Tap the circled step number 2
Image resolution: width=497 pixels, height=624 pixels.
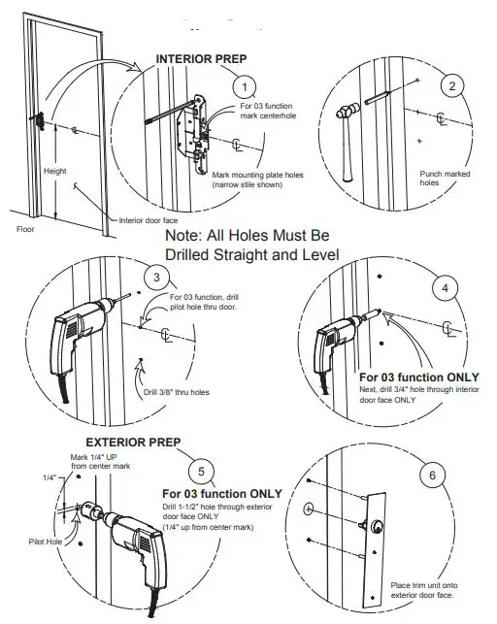(450, 86)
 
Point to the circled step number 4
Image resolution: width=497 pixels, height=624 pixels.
(446, 288)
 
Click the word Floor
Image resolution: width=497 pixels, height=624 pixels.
(25, 230)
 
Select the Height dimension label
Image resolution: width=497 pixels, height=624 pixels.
(55, 172)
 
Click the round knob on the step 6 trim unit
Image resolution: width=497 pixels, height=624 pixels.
(374, 529)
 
